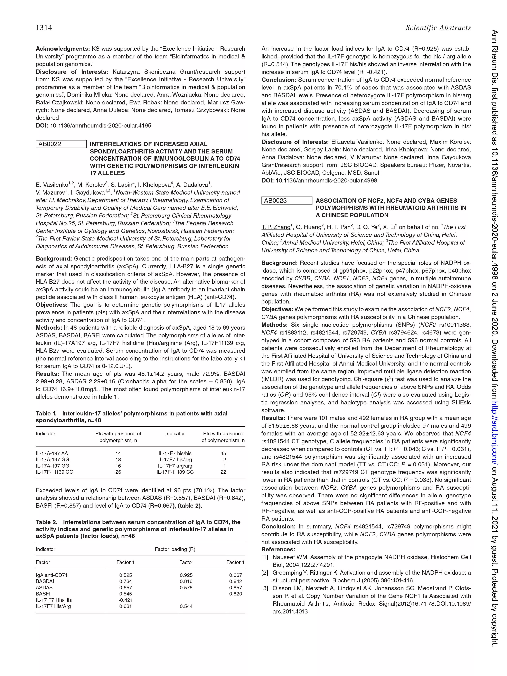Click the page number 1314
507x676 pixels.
44,28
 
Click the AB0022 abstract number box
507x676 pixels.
61,144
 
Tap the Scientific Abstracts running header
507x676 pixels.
438,28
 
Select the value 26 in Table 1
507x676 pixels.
118,472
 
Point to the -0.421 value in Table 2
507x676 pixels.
125,600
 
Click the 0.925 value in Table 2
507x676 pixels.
186,575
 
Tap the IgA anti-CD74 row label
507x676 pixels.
52,575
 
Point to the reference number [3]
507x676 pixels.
265,588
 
